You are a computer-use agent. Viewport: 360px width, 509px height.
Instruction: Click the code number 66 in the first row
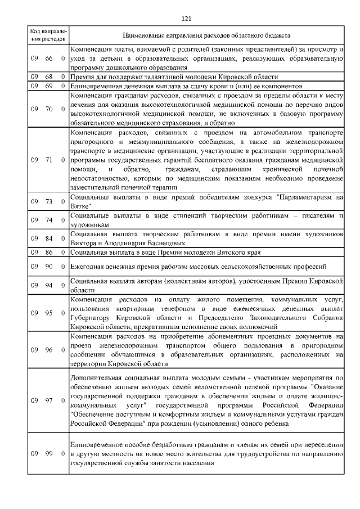49,58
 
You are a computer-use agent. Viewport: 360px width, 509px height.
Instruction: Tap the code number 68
49,77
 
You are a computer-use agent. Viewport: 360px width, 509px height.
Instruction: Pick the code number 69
49,86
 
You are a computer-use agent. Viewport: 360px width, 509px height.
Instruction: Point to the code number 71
49,160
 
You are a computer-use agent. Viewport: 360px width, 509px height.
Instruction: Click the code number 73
49,201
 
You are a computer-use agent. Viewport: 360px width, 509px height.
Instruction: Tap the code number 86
49,253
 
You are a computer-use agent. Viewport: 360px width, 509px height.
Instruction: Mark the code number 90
49,266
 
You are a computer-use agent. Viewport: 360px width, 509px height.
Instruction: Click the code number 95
49,313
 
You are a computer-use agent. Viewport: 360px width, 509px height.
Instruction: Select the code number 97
49,400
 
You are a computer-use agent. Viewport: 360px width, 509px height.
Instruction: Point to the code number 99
49,453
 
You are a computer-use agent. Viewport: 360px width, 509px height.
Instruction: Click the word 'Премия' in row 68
82,77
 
